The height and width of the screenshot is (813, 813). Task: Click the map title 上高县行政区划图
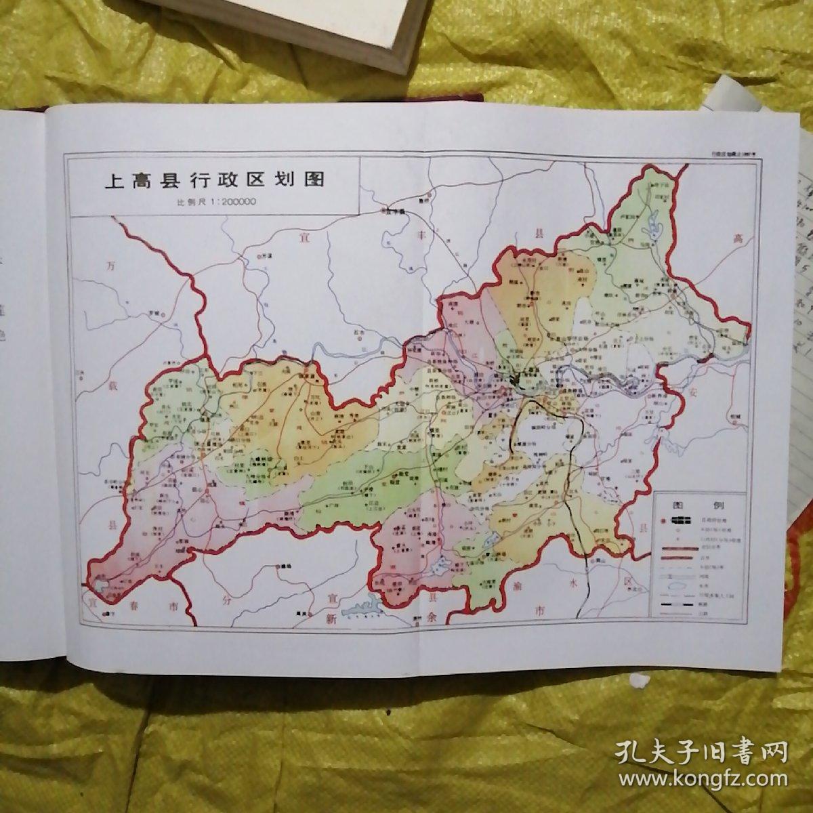click(214, 181)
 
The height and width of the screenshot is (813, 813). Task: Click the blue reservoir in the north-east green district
click(653, 224)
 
